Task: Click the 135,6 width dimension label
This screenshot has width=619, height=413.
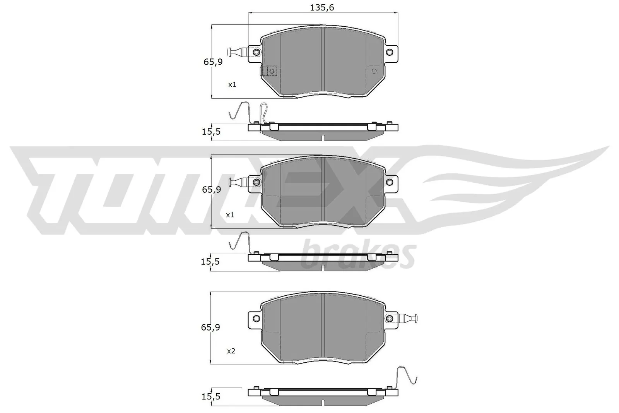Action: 322,7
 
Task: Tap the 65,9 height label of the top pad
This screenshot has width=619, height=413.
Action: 213,62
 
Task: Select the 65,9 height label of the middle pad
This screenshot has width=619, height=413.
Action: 212,190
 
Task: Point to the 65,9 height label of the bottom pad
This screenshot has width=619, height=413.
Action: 210,327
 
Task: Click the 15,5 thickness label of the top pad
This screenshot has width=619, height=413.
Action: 211,132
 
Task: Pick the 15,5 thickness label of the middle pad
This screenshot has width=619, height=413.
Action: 210,262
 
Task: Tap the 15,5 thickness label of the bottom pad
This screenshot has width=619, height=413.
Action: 210,396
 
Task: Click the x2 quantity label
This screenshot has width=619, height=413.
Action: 231,351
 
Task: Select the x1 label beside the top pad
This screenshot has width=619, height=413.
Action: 232,84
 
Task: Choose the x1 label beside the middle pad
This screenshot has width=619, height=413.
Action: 230,214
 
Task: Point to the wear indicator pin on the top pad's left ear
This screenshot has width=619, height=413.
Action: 237,52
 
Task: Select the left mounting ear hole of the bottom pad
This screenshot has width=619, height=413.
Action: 256,318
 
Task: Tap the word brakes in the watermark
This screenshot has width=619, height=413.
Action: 358,255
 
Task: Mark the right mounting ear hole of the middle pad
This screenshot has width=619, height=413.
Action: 390,182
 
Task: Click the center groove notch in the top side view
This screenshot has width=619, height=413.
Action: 322,137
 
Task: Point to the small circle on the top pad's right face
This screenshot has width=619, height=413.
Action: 374,71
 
